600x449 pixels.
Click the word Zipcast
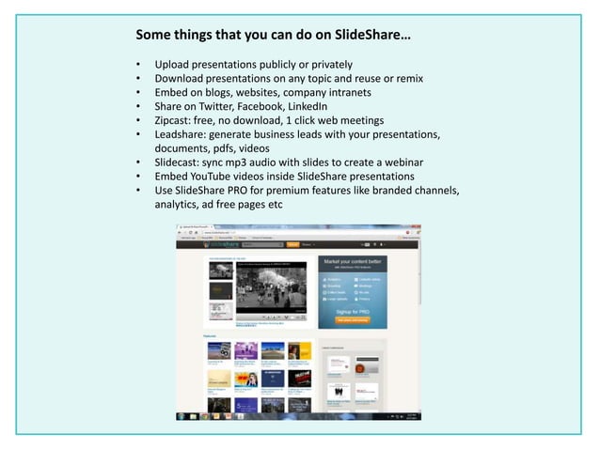[x=176, y=120]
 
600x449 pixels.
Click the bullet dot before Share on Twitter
[x=138, y=107]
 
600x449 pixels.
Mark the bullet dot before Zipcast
[x=138, y=121]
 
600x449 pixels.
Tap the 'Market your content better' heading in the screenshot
[x=353, y=259]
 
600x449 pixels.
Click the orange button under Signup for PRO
[x=353, y=319]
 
